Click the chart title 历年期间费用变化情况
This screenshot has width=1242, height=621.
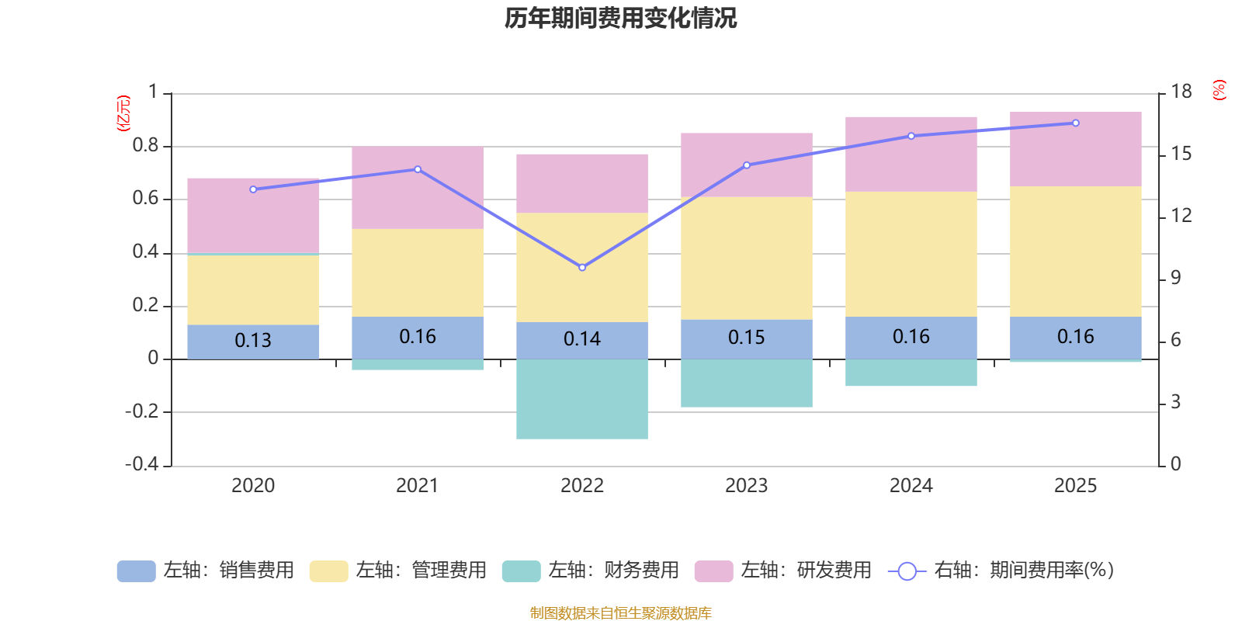tap(620, 18)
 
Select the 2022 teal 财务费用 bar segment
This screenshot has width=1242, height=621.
tap(582, 399)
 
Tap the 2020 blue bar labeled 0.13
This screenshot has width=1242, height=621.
tap(253, 341)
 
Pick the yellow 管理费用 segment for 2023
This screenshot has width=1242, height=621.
tap(747, 258)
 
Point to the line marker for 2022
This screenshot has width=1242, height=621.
tap(582, 267)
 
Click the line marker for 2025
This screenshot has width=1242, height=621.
tap(1076, 123)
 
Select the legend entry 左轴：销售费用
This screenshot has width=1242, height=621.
tap(206, 571)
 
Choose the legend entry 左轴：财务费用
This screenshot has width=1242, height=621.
tap(591, 571)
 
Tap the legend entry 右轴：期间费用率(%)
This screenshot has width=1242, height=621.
tap(1001, 571)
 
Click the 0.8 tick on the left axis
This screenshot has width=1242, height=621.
tap(145, 146)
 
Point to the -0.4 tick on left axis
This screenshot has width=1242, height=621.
tap(142, 464)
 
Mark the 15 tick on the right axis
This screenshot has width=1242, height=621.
tap(1181, 154)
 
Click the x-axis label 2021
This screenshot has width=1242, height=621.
tap(418, 485)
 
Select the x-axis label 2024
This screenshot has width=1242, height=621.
tap(911, 485)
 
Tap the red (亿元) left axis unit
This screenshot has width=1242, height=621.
tap(123, 113)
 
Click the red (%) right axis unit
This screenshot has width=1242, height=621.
tap(1219, 90)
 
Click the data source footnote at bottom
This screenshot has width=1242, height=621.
tap(620, 613)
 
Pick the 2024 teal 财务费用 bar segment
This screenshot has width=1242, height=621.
tap(911, 373)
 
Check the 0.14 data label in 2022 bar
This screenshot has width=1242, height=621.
tap(582, 339)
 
